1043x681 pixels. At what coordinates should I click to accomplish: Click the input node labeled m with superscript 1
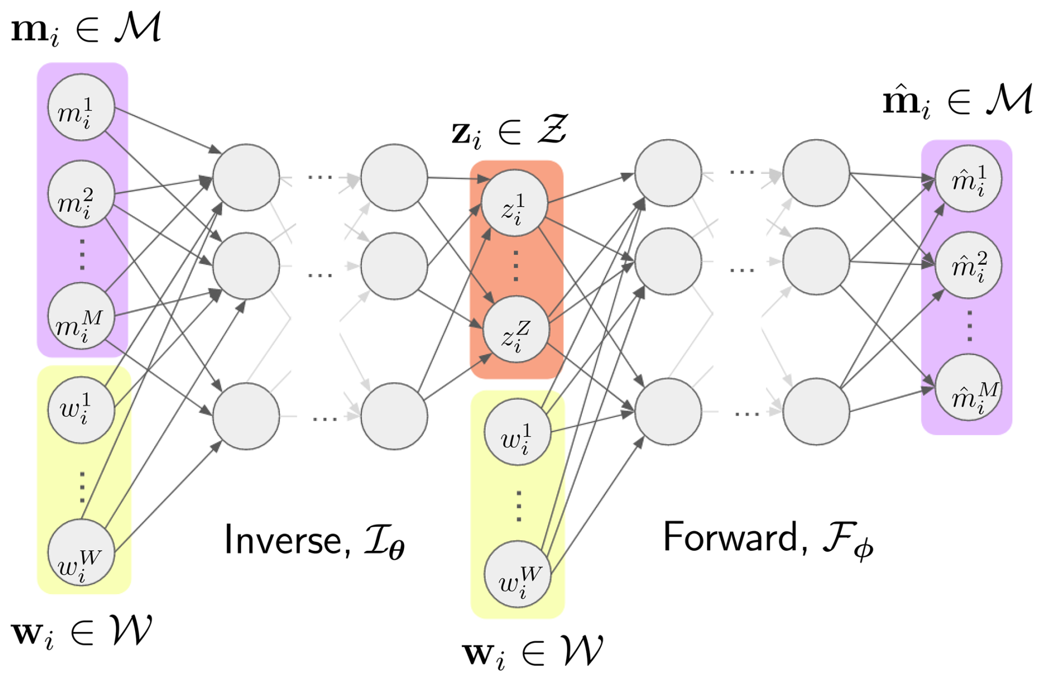coord(81,108)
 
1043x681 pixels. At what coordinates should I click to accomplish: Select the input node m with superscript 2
coord(81,194)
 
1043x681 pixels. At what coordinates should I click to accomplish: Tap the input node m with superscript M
coord(81,317)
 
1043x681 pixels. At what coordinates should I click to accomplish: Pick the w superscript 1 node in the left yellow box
coord(81,410)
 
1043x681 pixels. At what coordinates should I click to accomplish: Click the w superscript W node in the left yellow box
coord(81,553)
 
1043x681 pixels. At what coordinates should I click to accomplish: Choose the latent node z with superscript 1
coord(514,203)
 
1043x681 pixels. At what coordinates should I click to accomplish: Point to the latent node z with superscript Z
coord(515,330)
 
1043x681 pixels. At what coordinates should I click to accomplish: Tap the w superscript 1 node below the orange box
coord(517,432)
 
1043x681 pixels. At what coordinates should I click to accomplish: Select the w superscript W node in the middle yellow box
coord(517,575)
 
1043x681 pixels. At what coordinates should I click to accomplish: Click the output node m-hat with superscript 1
coord(968,179)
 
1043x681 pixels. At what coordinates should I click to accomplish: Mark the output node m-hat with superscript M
coord(968,388)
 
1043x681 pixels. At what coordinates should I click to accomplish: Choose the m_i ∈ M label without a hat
coord(86,29)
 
